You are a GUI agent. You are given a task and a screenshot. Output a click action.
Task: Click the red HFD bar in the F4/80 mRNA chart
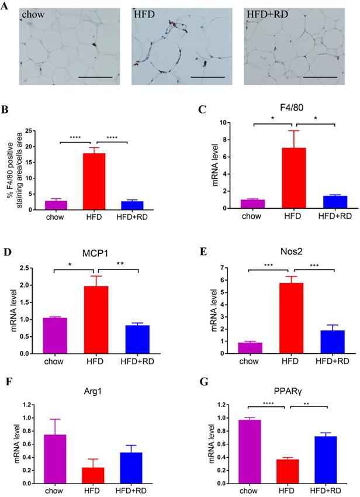pos(294,178)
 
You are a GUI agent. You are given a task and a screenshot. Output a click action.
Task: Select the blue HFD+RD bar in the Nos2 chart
pos(333,342)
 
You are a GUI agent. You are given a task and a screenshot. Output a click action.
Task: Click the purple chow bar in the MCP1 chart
pos(54,336)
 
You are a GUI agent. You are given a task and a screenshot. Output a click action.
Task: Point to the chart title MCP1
pos(95,254)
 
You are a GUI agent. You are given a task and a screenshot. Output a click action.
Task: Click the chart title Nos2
pos(291,251)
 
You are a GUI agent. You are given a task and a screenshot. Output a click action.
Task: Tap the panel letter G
pos(204,382)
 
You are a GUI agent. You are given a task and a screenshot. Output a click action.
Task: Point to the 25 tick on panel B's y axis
pos(28,131)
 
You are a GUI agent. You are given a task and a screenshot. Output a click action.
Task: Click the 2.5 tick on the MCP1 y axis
pos(32,268)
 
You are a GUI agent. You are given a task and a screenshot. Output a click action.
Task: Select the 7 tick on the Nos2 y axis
pos(235,268)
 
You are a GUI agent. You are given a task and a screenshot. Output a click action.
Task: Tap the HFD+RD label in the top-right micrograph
pos(268,14)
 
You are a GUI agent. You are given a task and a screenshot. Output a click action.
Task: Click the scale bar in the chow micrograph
pos(95,77)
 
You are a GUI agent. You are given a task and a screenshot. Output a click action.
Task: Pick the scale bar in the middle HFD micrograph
pos(208,77)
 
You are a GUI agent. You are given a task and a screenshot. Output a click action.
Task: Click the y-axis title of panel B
pos(15,171)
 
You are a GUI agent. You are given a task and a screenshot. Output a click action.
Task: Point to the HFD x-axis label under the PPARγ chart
pos(287,491)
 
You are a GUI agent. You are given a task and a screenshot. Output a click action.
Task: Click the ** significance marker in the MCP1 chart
pos(120,263)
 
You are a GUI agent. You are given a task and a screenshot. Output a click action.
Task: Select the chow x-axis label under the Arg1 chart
pos(54,491)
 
